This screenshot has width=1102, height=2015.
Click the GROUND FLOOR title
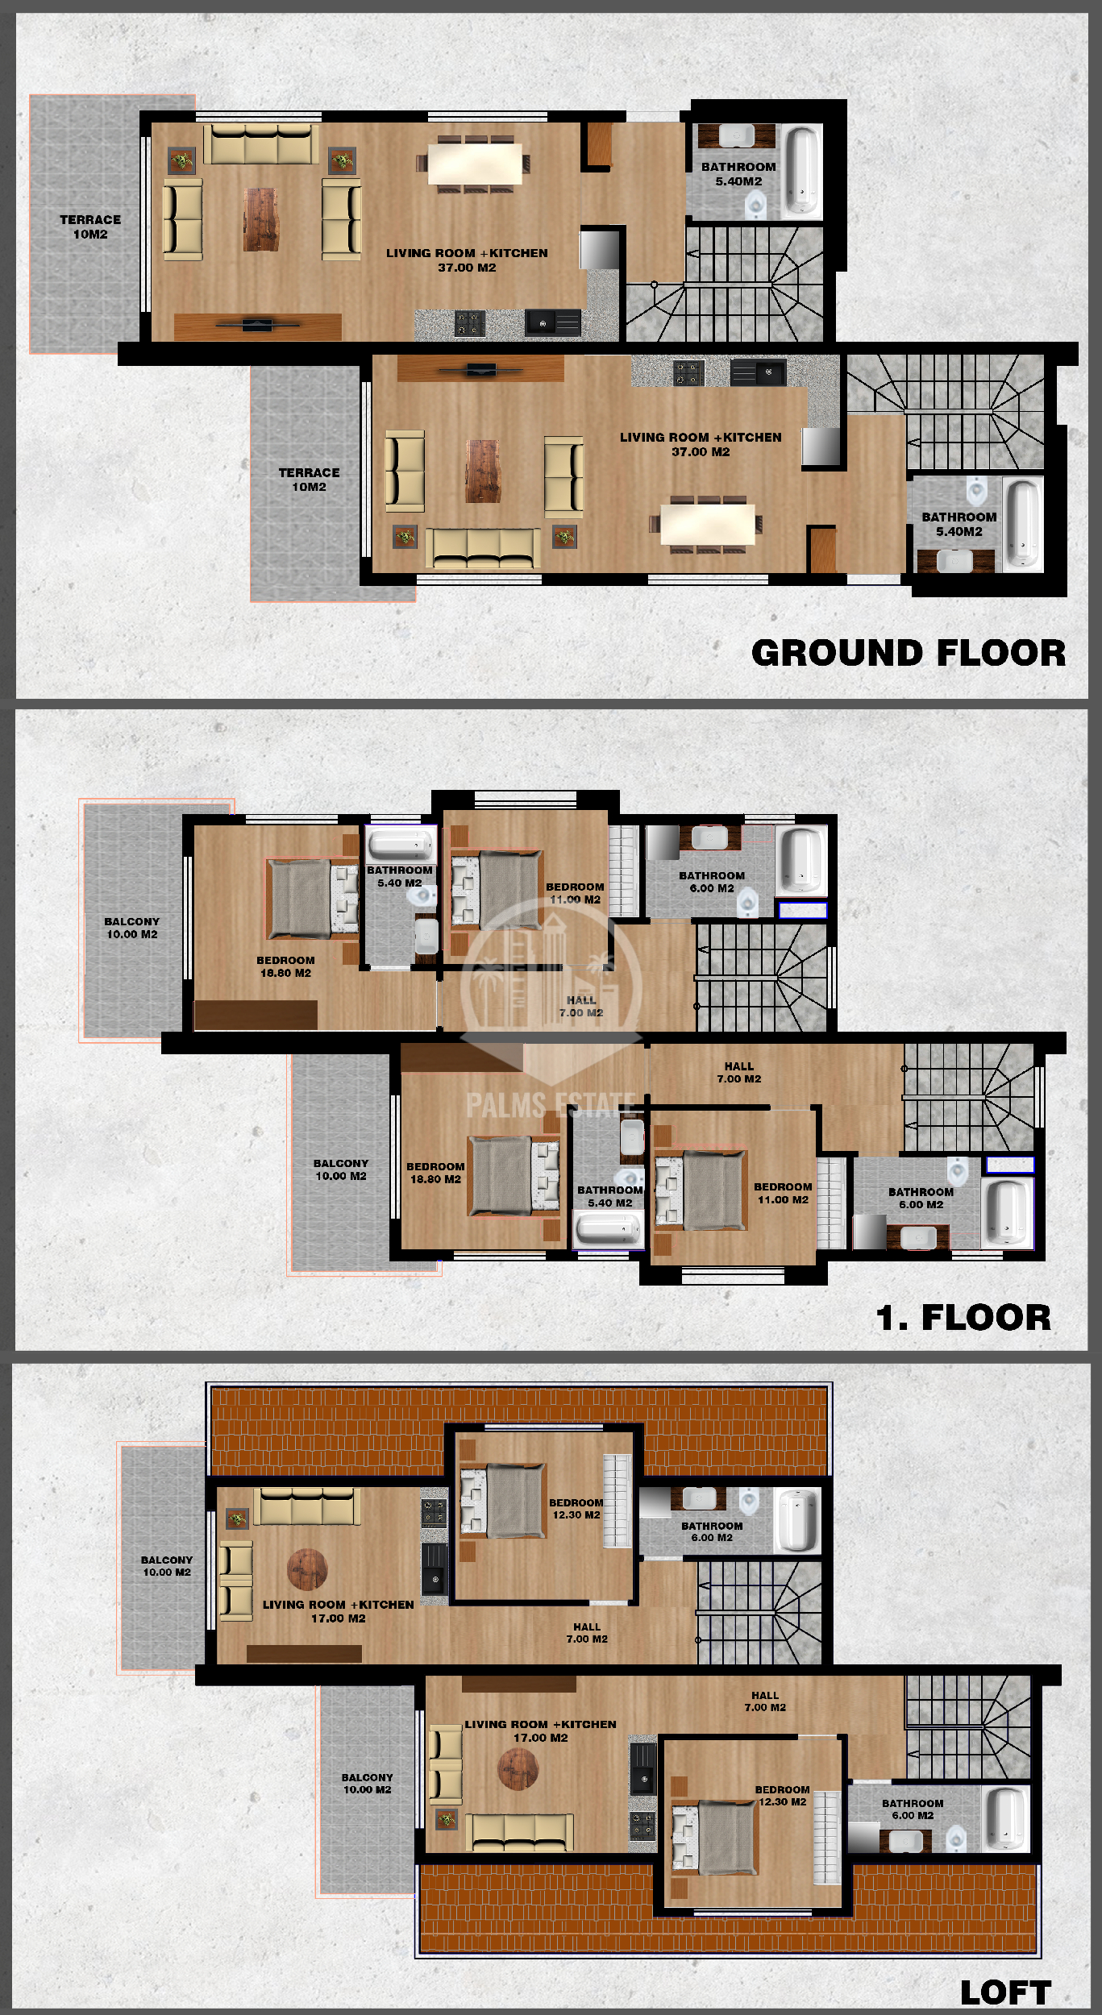(x=909, y=653)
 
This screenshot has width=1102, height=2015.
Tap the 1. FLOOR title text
(x=963, y=1318)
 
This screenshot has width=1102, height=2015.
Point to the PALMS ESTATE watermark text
(x=552, y=1105)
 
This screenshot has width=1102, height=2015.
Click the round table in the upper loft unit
(x=308, y=1568)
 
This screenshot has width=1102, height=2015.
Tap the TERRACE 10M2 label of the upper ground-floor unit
(x=90, y=226)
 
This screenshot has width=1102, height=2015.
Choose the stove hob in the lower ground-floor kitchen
(x=688, y=371)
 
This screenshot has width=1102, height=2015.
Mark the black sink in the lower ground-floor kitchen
(x=758, y=372)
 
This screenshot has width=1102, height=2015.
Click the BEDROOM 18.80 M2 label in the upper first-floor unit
(x=285, y=966)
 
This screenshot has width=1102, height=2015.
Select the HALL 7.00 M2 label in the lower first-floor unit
(x=739, y=1072)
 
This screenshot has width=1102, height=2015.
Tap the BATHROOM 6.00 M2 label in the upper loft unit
(x=712, y=1531)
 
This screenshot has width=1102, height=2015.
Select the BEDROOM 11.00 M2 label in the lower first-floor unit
(x=783, y=1193)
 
